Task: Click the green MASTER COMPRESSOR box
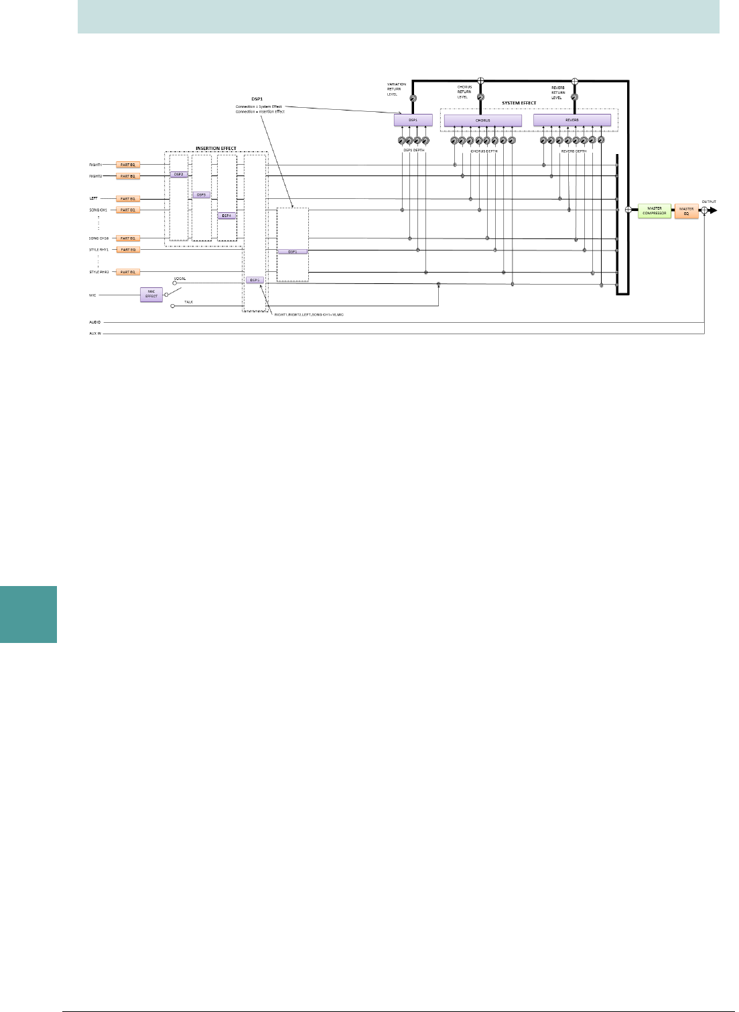(654, 211)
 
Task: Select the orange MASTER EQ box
(686, 211)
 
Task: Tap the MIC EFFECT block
(151, 295)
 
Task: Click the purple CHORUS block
(482, 121)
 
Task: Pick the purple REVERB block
(572, 121)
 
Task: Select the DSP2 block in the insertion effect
(178, 174)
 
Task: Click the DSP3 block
(201, 195)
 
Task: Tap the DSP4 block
(226, 216)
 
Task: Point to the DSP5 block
(254, 280)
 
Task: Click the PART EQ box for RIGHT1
(128, 165)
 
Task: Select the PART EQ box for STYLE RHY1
(128, 250)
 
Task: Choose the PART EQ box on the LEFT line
(128, 199)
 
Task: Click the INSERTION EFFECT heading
(216, 149)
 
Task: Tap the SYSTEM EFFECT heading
(519, 103)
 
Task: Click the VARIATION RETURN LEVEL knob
(413, 98)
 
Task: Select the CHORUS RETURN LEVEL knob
(480, 98)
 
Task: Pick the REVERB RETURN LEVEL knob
(574, 98)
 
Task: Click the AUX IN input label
(95, 333)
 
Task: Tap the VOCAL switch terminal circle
(174, 283)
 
